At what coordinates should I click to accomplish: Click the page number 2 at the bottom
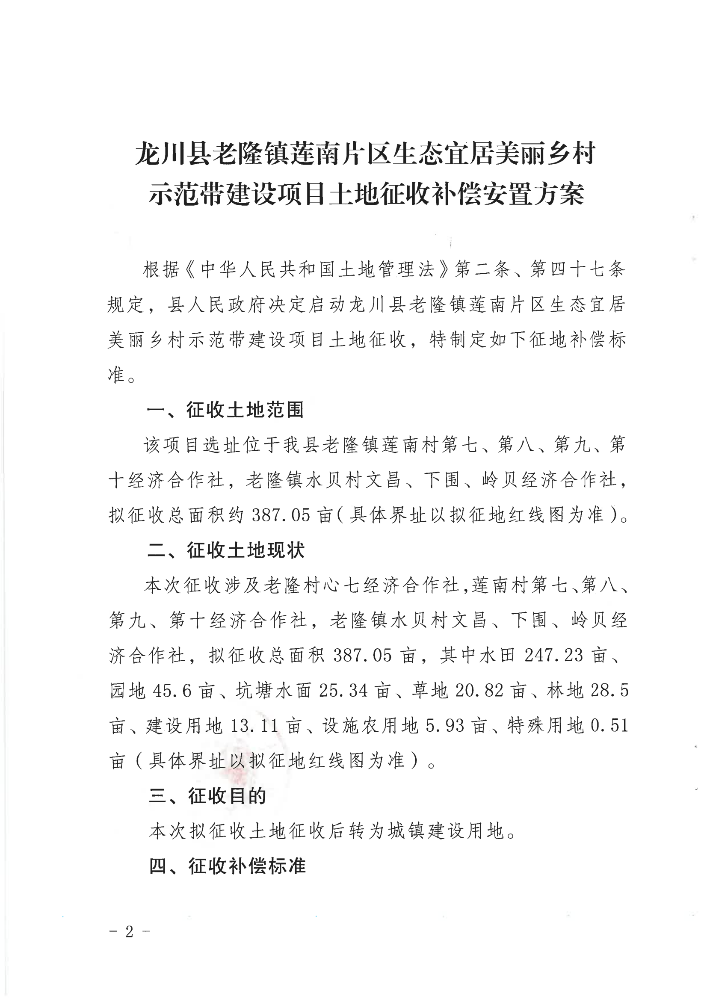tap(129, 931)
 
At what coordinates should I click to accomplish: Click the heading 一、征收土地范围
tap(225, 410)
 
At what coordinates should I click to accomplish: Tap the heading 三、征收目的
tap(207, 796)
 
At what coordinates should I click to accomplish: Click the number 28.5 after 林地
tap(609, 690)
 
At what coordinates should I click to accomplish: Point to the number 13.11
tap(254, 726)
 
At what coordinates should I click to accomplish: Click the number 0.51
tap(609, 726)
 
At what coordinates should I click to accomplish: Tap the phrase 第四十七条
tap(577, 269)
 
